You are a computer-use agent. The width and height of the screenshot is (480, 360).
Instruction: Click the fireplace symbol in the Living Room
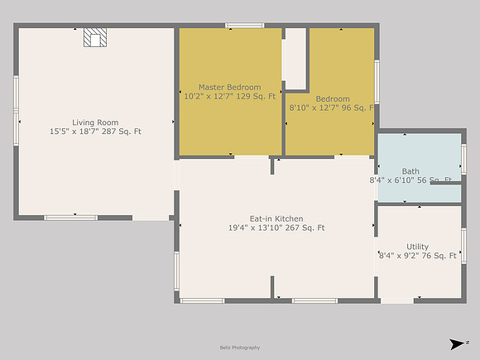pos(95,37)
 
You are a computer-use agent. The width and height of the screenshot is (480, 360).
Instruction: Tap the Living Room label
pos(95,122)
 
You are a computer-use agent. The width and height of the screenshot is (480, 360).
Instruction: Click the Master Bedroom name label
pos(229,87)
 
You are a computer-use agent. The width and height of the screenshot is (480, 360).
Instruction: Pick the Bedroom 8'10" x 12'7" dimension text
pos(314,108)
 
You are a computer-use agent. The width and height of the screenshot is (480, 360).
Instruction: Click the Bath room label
pos(410,171)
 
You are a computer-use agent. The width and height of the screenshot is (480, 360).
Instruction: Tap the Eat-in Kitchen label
pos(276,218)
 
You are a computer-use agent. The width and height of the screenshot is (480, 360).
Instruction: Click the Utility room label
pos(417,247)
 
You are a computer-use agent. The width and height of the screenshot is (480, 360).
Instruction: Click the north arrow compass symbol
pos(457,344)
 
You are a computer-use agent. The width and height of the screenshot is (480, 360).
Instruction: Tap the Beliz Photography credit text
pos(240,348)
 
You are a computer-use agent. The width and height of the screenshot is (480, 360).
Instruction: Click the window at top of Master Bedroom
pos(245,26)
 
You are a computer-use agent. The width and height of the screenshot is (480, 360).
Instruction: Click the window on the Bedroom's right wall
pos(377,82)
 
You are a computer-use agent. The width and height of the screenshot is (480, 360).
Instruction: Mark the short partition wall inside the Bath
pos(446,183)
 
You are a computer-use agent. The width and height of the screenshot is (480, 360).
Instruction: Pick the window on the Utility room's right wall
pos(463,246)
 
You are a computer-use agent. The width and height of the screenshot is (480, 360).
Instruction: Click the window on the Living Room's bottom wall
pos(70,218)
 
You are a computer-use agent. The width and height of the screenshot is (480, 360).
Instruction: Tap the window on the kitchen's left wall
pos(176,271)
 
